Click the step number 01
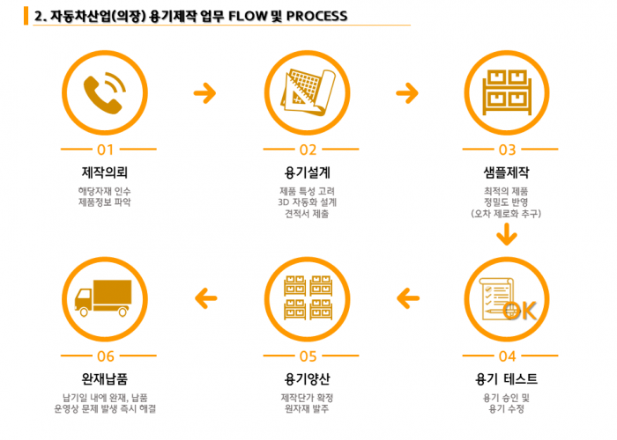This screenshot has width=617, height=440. coord(105,150)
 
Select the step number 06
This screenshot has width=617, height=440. coord(105,356)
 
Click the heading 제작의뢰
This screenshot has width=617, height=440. coord(105,171)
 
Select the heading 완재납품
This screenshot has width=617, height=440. coord(105,379)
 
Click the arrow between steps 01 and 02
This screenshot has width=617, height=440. coord(204,92)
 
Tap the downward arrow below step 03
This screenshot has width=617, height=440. coord(506,235)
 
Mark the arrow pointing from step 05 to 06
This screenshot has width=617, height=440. coord(204,297)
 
